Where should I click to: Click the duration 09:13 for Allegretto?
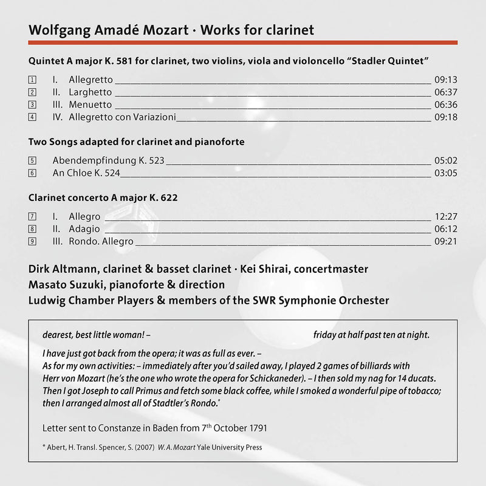[x=446, y=80]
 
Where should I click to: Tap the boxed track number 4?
[x=32, y=117]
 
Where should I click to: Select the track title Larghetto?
[x=91, y=92]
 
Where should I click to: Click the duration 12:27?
[x=446, y=216]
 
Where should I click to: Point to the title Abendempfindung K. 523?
[x=109, y=161]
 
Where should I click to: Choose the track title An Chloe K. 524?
[x=87, y=173]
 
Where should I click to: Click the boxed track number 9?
[x=32, y=241]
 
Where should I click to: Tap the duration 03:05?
[x=446, y=173]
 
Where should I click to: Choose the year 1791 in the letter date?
[x=256, y=428]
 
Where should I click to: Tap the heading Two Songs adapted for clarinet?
[x=136, y=142]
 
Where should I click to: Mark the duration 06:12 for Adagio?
[x=446, y=229]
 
